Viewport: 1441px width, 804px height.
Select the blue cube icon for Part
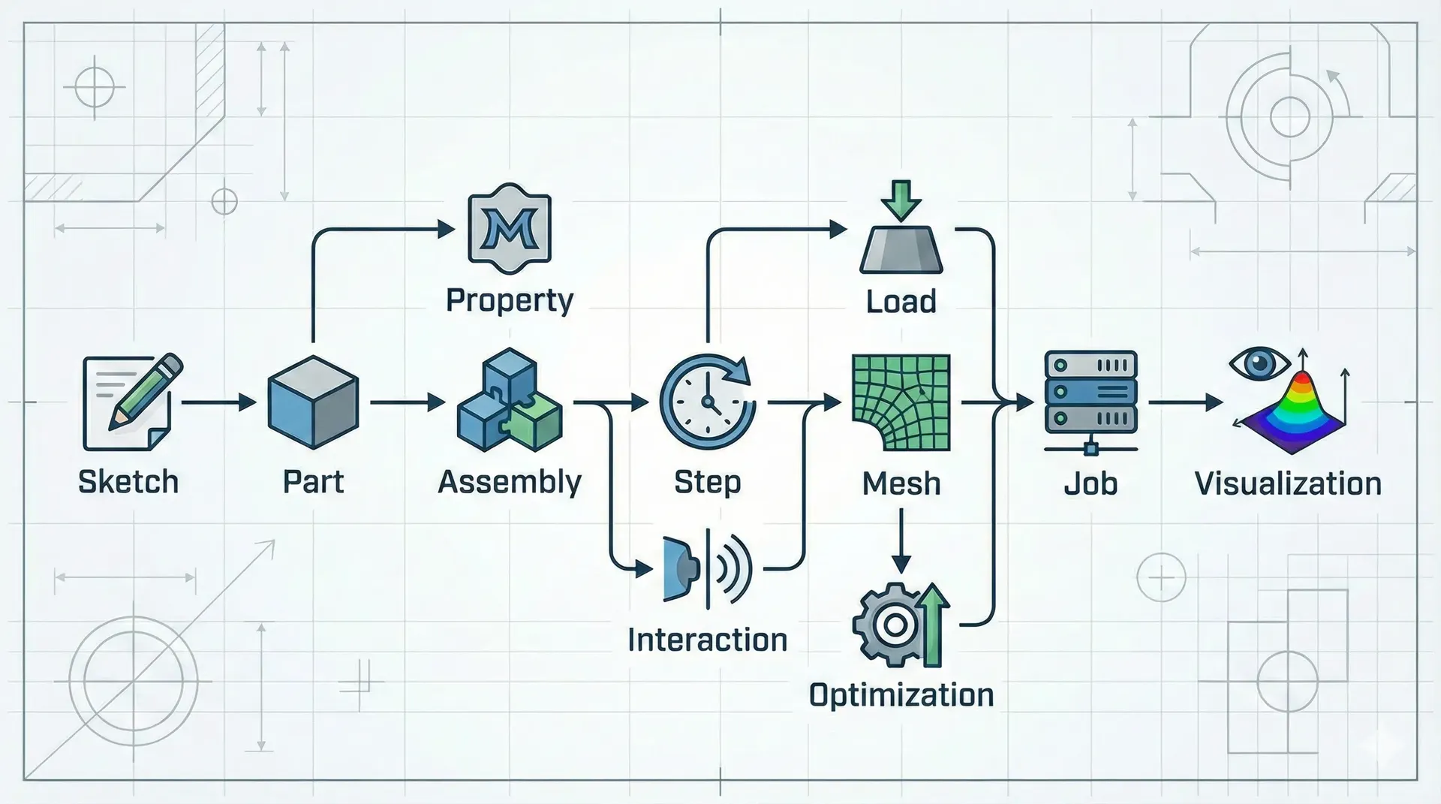312,402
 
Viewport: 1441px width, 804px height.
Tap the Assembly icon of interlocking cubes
510,400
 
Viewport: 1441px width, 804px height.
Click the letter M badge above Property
509,229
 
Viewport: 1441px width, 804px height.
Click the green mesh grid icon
901,402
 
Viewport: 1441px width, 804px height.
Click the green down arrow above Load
901,198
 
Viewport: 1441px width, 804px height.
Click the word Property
510,301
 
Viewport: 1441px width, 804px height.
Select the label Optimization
901,695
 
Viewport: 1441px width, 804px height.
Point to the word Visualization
1288,483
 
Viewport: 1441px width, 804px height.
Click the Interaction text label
707,640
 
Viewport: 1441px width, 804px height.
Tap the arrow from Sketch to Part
218,403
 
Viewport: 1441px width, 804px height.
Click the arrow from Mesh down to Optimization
901,541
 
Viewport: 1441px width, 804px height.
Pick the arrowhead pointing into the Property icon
446,229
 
